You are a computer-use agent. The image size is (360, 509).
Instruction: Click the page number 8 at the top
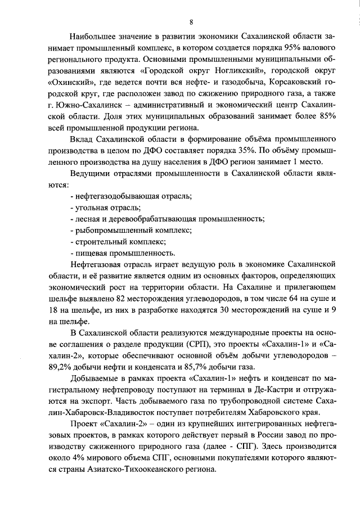tap(191, 22)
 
